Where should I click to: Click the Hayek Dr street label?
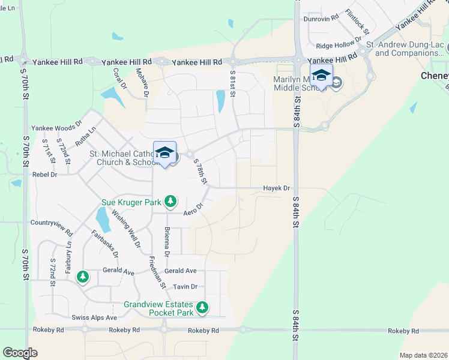pyautogui.click(x=277, y=188)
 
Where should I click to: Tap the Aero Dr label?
pyautogui.click(x=194, y=209)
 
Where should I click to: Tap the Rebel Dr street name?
pyautogui.click(x=44, y=175)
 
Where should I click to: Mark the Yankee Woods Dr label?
pyautogui.click(x=56, y=127)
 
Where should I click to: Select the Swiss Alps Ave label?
pyautogui.click(x=94, y=317)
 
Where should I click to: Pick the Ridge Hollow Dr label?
pyautogui.click(x=339, y=45)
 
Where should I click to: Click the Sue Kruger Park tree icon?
pyautogui.click(x=171, y=200)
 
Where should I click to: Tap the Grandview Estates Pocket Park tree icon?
pyautogui.click(x=203, y=308)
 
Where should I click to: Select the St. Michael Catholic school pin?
pyautogui.click(x=164, y=153)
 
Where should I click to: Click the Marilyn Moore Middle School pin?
pyautogui.click(x=321, y=76)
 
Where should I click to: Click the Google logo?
pyautogui.click(x=20, y=353)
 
